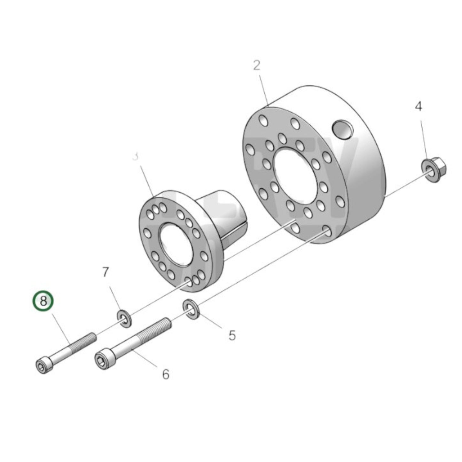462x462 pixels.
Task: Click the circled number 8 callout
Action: point(43,301)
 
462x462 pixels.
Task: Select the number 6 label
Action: point(165,374)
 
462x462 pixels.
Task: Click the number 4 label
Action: point(418,106)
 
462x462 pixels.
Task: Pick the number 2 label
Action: point(257,66)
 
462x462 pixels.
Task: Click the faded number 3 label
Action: point(136,156)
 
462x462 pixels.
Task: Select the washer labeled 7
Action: point(124,318)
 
